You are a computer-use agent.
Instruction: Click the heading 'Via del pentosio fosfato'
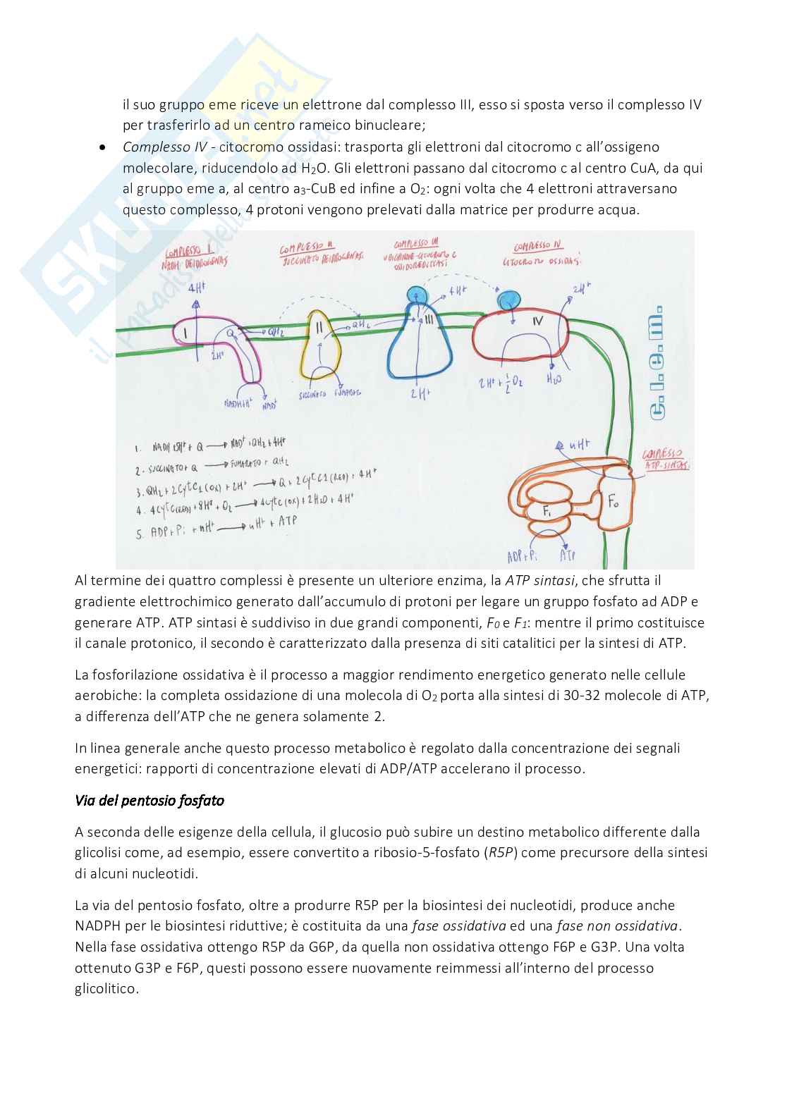click(150, 801)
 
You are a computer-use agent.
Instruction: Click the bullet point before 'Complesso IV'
click(103, 147)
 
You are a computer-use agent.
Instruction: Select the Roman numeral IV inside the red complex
click(538, 321)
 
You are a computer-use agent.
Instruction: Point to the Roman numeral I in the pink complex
click(185, 332)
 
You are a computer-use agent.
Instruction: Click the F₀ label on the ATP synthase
click(614, 501)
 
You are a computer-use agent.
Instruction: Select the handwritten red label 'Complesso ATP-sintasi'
click(664, 459)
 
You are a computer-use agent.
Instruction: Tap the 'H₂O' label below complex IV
click(555, 379)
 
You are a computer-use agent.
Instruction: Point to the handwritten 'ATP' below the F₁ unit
click(568, 555)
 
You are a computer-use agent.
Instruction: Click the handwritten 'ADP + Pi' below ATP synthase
click(522, 556)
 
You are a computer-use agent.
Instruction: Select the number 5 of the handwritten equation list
click(139, 534)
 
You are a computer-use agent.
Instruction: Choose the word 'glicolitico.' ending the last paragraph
click(107, 989)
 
